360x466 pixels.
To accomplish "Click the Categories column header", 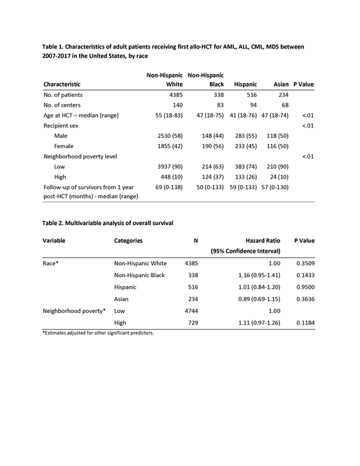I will (128, 240).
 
